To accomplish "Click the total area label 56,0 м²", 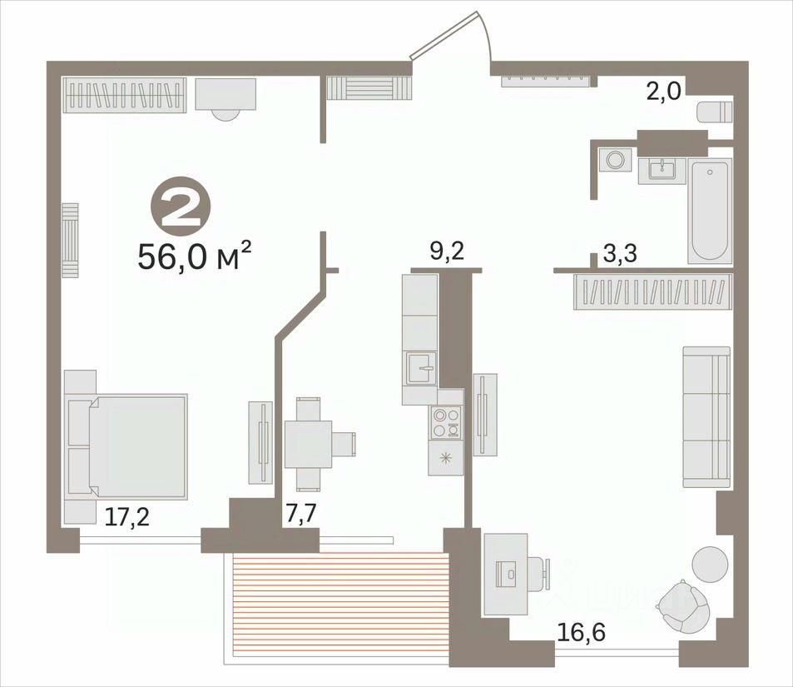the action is click(194, 256).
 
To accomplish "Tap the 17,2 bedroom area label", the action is click(127, 517).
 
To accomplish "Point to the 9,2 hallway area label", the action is click(447, 251).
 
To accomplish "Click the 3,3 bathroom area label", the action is click(621, 254).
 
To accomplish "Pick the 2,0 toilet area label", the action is click(665, 92).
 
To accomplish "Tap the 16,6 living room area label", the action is click(582, 632).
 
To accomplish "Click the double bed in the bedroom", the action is click(126, 446).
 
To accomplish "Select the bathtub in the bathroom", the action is click(710, 212).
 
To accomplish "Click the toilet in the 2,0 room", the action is click(714, 112).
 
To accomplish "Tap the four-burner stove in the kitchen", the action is click(445, 423).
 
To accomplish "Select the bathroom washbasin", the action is click(662, 170).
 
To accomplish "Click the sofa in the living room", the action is click(706, 417).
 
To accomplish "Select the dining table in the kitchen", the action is click(308, 444).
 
